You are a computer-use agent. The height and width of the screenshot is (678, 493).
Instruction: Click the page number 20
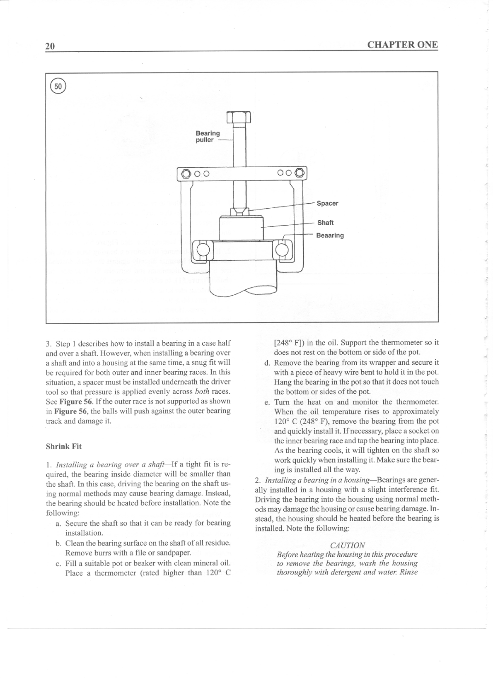click(50, 46)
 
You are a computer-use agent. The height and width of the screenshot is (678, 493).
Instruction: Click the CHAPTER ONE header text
click(402, 45)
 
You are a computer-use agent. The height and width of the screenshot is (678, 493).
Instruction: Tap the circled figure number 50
click(58, 87)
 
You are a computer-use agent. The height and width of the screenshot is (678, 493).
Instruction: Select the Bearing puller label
click(208, 137)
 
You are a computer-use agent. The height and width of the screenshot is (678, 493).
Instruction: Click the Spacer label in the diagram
click(327, 203)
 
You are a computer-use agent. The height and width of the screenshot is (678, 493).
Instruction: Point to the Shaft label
click(325, 223)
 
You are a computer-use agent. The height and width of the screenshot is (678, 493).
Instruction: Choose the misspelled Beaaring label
click(330, 236)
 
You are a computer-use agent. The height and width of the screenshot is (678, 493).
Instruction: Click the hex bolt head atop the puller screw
click(239, 119)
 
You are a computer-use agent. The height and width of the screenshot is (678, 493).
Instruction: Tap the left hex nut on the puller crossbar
click(186, 173)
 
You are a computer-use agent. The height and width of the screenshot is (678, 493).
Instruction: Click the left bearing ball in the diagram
click(203, 250)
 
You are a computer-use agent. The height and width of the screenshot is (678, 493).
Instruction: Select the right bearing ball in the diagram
click(281, 250)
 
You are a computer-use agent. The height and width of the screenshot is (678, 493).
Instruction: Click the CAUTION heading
click(348, 545)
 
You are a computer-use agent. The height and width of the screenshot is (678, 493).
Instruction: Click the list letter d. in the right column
click(267, 363)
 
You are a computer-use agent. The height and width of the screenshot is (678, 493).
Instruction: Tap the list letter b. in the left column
click(58, 543)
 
